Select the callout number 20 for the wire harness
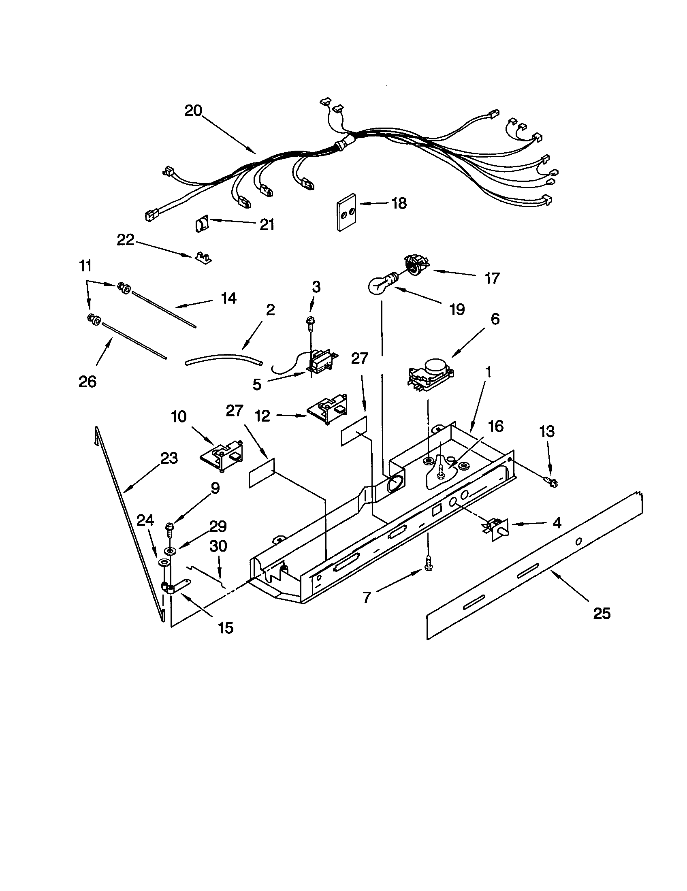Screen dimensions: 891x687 (x=193, y=111)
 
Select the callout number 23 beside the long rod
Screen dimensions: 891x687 (x=169, y=458)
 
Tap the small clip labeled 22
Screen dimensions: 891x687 (x=203, y=258)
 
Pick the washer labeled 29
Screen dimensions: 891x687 (x=169, y=551)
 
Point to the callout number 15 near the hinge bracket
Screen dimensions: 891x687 (x=226, y=628)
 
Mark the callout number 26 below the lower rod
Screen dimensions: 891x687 (x=87, y=382)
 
